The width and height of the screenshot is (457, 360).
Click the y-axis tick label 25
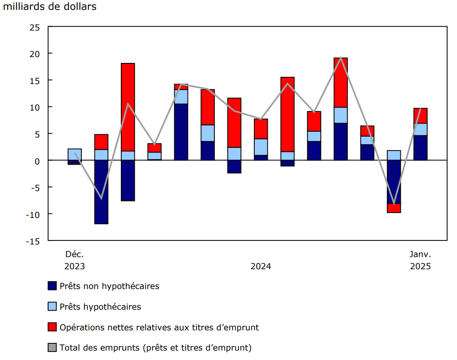pos(35,27)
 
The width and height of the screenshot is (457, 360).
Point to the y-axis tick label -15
pos(33,240)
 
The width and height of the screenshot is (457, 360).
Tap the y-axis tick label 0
pos(38,160)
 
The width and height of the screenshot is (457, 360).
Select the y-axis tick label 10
pos(35,107)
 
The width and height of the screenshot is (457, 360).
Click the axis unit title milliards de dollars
pos(50,7)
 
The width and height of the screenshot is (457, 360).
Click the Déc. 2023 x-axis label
pos(75,260)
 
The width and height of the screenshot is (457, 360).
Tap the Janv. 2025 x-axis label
pos(420,260)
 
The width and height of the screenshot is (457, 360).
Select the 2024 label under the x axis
pos(261,266)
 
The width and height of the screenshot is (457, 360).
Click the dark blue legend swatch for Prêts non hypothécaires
pos(52,286)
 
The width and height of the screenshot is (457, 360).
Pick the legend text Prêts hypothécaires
pos(100,307)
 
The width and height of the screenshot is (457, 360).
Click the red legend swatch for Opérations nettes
pos(52,327)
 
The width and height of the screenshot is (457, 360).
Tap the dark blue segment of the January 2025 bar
pos(420,147)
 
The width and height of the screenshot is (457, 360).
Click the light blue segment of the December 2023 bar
pos(75,154)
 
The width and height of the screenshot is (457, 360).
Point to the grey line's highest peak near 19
pos(341,58)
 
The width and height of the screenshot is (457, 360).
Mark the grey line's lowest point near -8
pos(394,204)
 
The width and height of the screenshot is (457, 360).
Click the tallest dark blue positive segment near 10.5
pos(181,132)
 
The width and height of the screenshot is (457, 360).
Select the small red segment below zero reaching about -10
pos(394,208)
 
